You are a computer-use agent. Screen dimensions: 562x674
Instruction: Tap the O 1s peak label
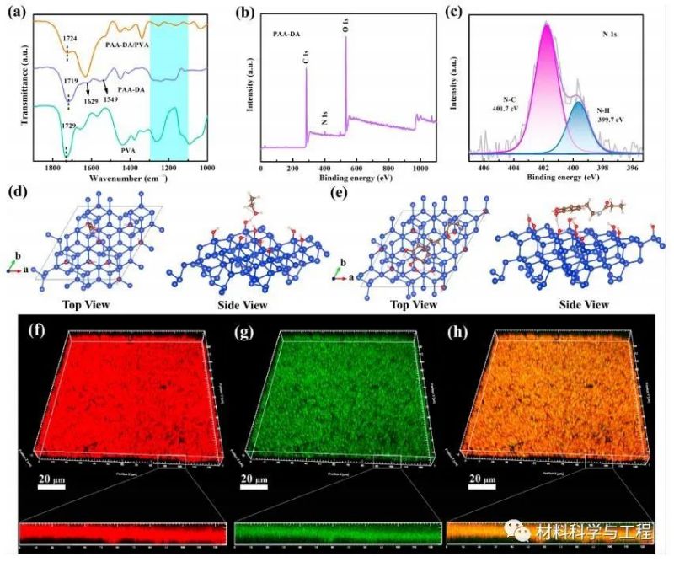[345, 24]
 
